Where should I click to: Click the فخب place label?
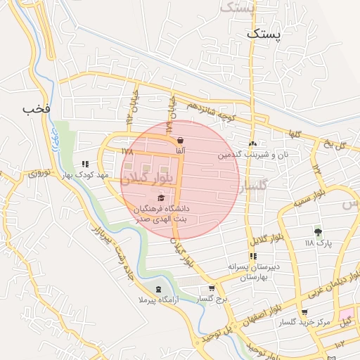37,109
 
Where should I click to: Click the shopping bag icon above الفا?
181,140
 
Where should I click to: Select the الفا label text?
181,151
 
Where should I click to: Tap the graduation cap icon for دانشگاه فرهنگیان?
162,198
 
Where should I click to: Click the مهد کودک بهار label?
85,174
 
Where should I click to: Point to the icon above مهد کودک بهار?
85,164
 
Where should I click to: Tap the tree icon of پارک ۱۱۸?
318,231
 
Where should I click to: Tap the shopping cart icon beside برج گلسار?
211,288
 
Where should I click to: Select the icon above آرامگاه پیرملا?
158,289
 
